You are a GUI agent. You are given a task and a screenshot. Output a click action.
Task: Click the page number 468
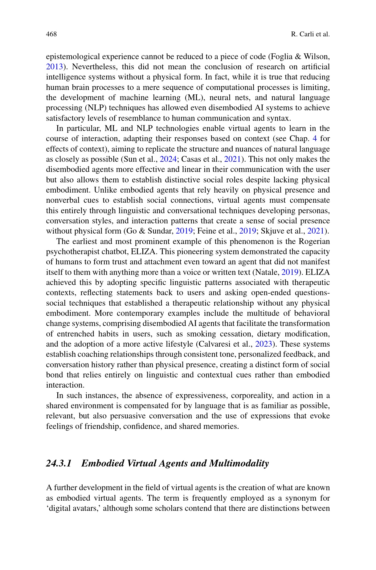(x=51, y=34)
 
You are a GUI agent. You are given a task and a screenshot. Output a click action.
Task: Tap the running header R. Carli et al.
(x=310, y=34)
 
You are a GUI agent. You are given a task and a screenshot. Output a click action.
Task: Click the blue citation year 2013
(x=55, y=67)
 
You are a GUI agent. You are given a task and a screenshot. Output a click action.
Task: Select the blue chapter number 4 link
(x=315, y=139)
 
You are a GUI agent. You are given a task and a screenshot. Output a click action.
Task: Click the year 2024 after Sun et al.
(x=168, y=159)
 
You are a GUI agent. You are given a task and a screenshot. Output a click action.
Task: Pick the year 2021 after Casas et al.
(x=232, y=159)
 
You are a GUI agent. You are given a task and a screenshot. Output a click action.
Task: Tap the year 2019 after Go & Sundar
(x=184, y=231)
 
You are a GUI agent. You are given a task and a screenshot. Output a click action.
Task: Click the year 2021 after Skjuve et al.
(x=316, y=231)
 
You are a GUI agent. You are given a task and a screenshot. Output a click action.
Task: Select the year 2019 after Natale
(x=290, y=272)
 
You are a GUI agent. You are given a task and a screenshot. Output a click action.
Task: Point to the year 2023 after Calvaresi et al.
(x=264, y=344)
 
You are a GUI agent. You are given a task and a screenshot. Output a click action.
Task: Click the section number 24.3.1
(x=59, y=463)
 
